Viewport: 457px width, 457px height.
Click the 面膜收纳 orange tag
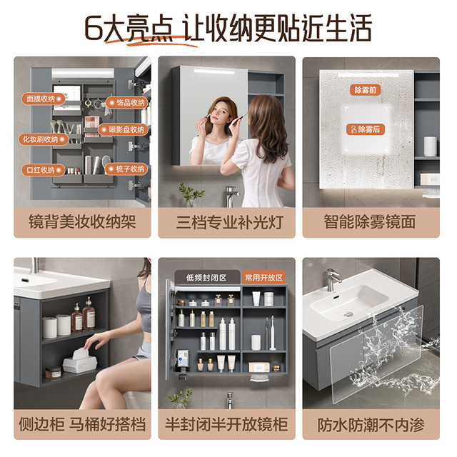click(x=43, y=99)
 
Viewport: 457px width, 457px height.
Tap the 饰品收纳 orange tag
click(x=127, y=103)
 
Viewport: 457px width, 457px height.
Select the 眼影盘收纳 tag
click(x=124, y=130)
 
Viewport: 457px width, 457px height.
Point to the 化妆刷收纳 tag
click(x=44, y=140)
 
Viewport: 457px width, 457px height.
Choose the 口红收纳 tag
click(x=43, y=170)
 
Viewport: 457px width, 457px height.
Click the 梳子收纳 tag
click(x=126, y=169)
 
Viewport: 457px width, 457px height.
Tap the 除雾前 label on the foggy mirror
click(x=365, y=90)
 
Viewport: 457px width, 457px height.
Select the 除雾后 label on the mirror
click(x=366, y=129)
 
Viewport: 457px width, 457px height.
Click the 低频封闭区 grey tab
click(x=206, y=278)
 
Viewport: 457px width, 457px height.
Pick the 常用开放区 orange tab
click(x=263, y=278)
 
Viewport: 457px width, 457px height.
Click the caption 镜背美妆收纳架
click(x=83, y=221)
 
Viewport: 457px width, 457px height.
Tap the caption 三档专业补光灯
click(x=230, y=222)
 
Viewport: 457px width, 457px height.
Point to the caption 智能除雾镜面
click(x=370, y=221)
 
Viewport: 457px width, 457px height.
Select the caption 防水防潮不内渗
click(x=371, y=425)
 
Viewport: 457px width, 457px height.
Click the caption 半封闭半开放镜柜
click(x=226, y=424)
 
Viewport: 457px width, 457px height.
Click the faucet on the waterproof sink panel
click(x=333, y=279)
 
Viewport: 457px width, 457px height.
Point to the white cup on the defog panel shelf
click(x=430, y=146)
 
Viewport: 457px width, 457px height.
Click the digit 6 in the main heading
click(x=94, y=29)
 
